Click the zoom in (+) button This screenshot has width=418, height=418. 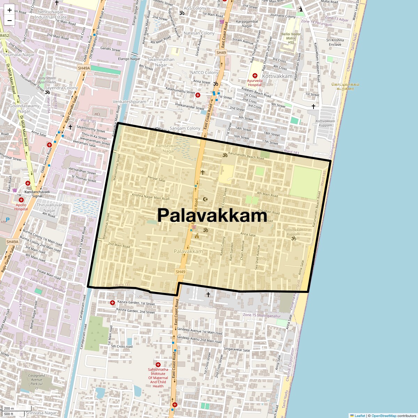(9, 10)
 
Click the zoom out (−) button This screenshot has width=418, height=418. (9, 21)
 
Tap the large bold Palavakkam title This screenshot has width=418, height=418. (212, 215)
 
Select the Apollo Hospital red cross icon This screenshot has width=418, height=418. (21, 200)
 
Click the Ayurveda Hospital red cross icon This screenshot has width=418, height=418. (255, 75)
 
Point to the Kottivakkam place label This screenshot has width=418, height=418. (277, 76)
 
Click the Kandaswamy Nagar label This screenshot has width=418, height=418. (169, 148)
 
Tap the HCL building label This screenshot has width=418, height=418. (98, 114)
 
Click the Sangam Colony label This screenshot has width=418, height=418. (185, 128)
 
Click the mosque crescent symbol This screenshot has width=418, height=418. (205, 199)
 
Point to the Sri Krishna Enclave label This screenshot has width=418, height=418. (335, 42)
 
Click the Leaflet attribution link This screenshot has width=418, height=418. (360, 416)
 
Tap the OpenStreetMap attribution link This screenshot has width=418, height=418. (384, 416)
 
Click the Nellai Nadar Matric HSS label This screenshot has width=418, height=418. (291, 38)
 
